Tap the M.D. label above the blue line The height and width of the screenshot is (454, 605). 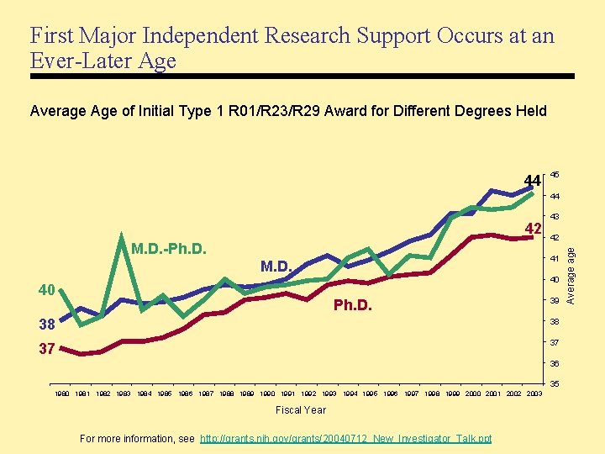[276, 267]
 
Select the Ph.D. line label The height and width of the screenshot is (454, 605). [353, 304]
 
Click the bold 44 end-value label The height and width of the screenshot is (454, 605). [531, 180]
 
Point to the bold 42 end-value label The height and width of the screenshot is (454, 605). [531, 229]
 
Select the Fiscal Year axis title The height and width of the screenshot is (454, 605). [302, 410]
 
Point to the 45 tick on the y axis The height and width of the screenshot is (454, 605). [555, 175]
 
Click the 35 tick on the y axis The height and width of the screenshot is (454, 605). [555, 384]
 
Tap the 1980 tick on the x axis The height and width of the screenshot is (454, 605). [62, 393]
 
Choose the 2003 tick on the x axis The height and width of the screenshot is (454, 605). [533, 393]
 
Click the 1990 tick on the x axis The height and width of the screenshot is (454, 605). [267, 393]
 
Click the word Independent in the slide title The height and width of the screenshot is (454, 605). [203, 36]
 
